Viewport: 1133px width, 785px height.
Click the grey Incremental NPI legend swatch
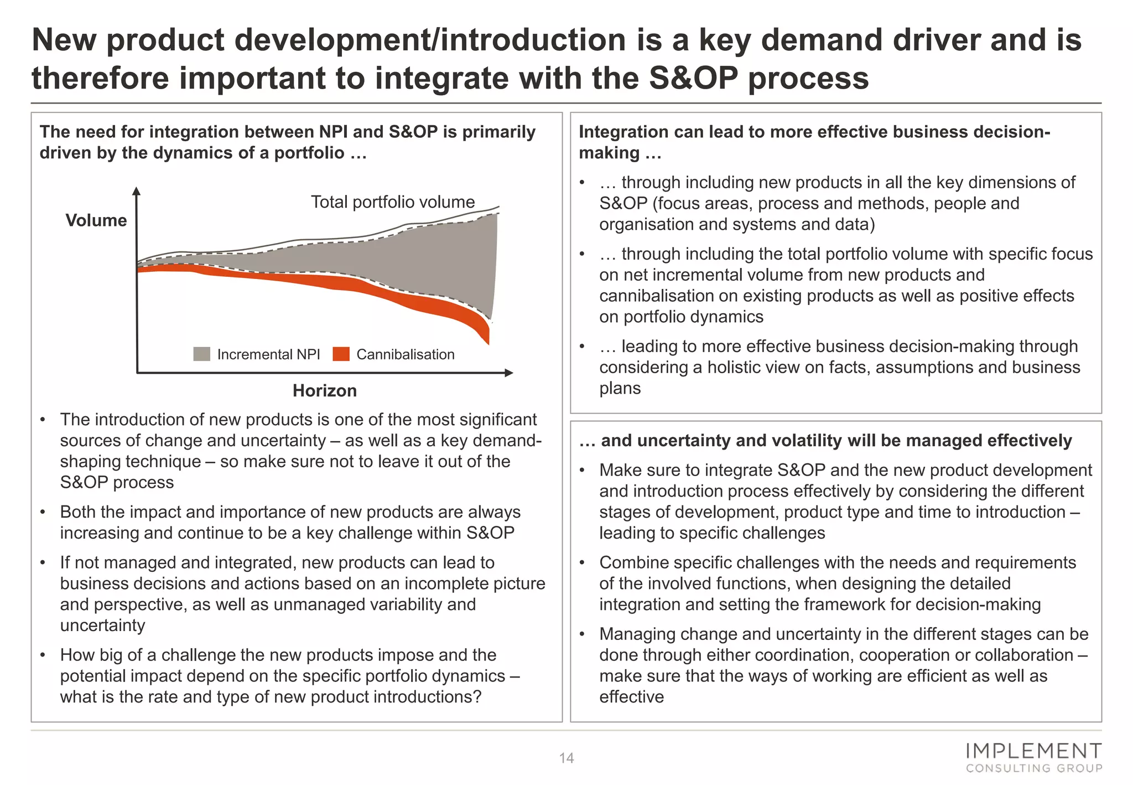point(201,354)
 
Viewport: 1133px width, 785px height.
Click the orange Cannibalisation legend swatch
point(341,354)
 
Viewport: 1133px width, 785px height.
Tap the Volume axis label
point(96,220)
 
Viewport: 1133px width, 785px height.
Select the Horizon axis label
point(325,391)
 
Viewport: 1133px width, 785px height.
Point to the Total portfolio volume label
point(392,202)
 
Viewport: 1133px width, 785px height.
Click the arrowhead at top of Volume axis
point(137,192)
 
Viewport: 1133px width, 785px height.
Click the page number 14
point(566,758)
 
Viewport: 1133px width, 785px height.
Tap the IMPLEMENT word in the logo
point(1033,751)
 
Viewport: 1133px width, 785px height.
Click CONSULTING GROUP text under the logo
point(1034,768)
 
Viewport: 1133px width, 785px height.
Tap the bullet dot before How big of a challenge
point(43,655)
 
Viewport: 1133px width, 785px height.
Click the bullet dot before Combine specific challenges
point(582,563)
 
